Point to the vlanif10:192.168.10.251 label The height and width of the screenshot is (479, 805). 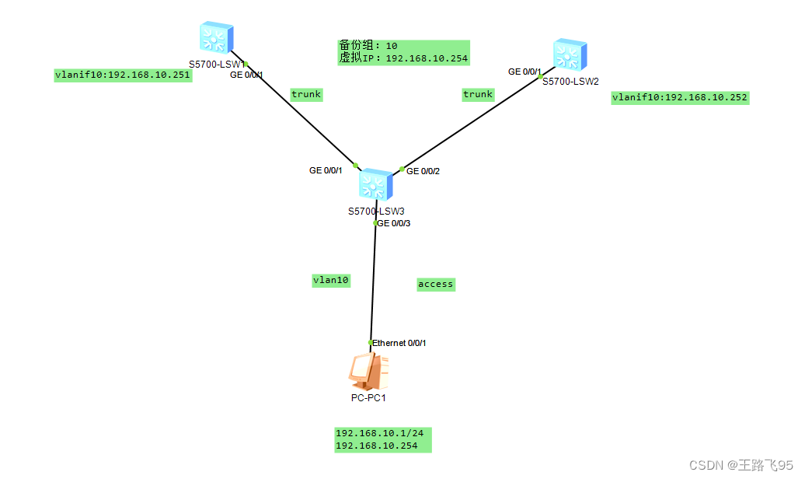[122, 75]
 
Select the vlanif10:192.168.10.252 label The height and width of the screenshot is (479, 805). [680, 98]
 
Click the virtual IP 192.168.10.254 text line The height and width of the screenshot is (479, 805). [403, 58]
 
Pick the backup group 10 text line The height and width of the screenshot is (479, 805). [368, 46]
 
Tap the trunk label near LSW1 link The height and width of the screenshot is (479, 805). [306, 94]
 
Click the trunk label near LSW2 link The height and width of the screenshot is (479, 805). [478, 94]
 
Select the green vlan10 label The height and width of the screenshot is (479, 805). [330, 280]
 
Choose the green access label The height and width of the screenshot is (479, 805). [435, 284]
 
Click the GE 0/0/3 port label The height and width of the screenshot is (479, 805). [393, 223]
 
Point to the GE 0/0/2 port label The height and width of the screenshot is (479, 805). [423, 171]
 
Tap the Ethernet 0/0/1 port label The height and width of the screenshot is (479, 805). [399, 343]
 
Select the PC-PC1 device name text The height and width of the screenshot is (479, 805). [368, 398]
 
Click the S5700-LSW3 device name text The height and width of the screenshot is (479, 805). [376, 211]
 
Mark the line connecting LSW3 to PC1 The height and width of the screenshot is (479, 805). [374, 284]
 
